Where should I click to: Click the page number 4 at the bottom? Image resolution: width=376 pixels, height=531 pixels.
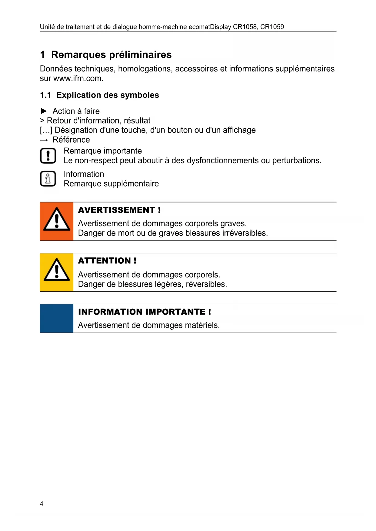click(x=42, y=504)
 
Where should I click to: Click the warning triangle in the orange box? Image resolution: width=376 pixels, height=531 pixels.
click(x=57, y=219)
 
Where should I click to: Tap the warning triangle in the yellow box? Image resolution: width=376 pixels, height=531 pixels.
click(x=57, y=270)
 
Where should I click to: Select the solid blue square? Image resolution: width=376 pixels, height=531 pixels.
click(x=57, y=318)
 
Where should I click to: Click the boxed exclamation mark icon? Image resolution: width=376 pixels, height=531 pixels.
click(x=48, y=156)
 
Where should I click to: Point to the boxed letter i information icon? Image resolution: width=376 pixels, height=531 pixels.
click(x=48, y=179)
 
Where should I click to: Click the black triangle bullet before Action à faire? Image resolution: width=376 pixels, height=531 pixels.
click(x=44, y=111)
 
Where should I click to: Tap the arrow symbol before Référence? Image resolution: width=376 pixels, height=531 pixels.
click(x=44, y=140)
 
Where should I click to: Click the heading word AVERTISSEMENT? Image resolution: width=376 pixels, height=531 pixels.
click(x=117, y=210)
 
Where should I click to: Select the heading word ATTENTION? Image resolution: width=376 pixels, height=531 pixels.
click(x=105, y=261)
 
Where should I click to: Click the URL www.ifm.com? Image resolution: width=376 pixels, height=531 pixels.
click(x=78, y=78)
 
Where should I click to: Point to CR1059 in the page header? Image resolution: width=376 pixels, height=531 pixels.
click(x=272, y=27)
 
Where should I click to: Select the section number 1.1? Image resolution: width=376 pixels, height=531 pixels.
click(x=45, y=95)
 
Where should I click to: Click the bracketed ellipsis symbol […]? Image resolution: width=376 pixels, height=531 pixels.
click(x=46, y=130)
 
